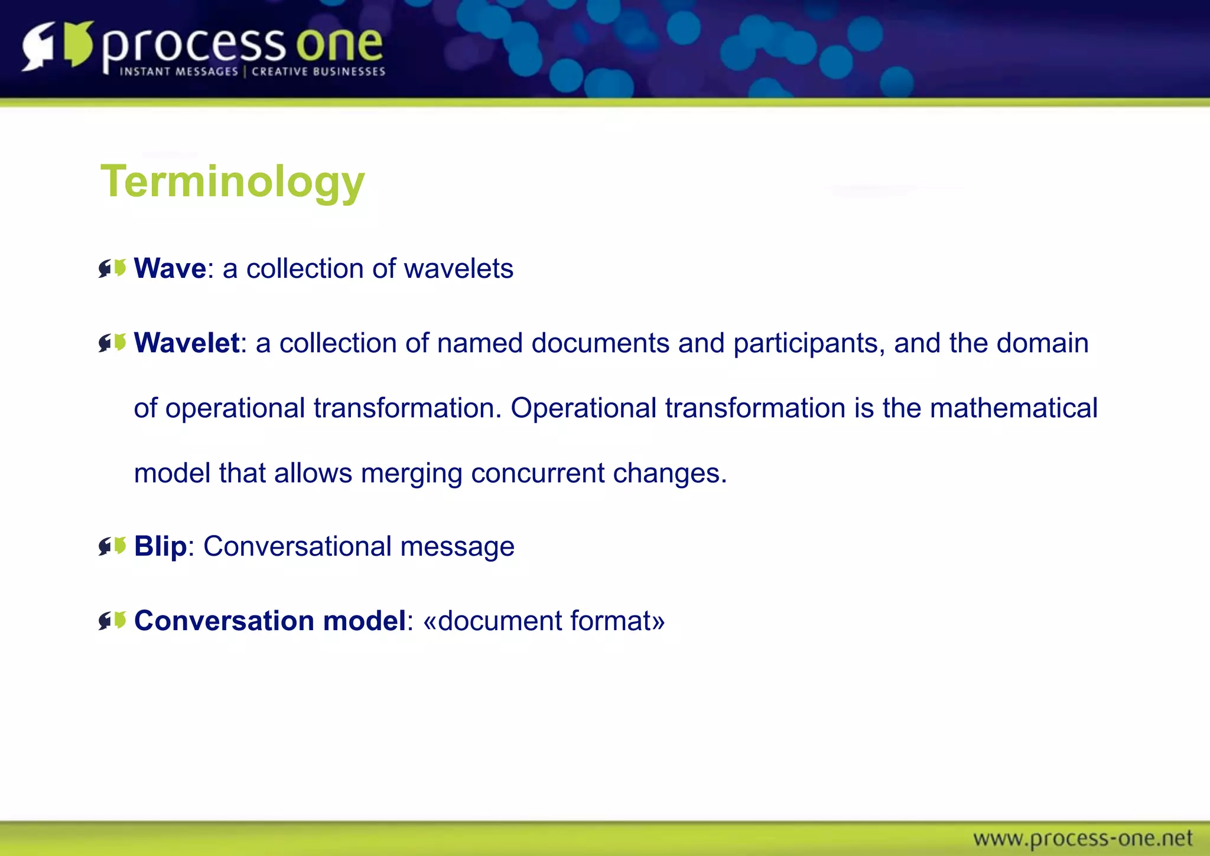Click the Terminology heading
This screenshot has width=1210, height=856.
233,181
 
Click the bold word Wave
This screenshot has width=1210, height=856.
170,269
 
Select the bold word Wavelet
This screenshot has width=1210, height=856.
187,343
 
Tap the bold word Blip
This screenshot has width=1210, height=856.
160,546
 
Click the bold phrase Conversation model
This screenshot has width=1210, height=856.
270,621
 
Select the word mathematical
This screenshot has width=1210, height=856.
1013,408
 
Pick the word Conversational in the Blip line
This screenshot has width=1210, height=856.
297,546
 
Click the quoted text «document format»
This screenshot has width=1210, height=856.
544,621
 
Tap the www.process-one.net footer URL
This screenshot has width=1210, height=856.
1082,838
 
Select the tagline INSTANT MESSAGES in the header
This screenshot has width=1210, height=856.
178,72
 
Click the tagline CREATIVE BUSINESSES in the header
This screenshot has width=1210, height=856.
318,72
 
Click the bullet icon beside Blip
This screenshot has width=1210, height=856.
112,546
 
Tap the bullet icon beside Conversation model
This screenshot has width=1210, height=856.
112,621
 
